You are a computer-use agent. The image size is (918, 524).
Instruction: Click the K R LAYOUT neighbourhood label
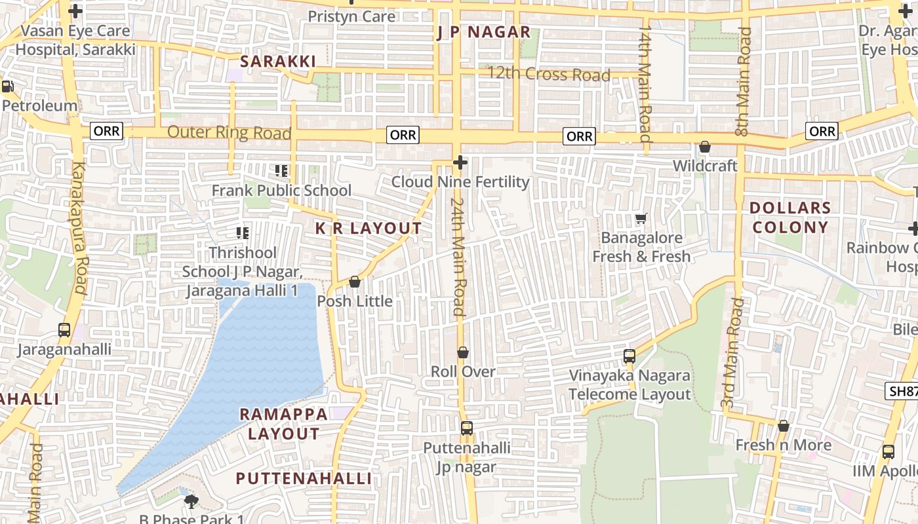click(x=369, y=229)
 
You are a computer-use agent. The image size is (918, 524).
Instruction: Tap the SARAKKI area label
click(x=277, y=62)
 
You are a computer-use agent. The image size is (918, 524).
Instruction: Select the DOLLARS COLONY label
click(x=790, y=217)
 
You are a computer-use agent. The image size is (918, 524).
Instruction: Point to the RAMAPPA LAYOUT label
click(x=283, y=424)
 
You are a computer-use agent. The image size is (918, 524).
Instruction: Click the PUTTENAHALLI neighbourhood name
click(x=304, y=479)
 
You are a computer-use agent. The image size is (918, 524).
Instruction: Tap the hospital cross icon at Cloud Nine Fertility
click(x=460, y=162)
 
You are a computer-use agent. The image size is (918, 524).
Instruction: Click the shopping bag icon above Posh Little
click(x=355, y=282)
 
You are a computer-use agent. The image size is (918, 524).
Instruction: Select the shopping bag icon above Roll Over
click(x=463, y=352)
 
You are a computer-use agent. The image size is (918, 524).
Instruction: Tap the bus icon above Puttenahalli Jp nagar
click(x=466, y=428)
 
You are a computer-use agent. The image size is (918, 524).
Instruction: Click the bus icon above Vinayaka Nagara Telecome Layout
click(x=629, y=356)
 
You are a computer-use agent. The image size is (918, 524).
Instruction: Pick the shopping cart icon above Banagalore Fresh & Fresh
click(x=641, y=218)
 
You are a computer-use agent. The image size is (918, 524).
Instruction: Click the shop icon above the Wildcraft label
click(x=705, y=147)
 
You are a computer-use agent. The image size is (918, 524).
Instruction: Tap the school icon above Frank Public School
click(x=281, y=171)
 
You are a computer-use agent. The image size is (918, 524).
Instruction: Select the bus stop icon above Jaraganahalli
click(x=64, y=329)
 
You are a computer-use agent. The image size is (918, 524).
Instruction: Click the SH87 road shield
click(x=902, y=392)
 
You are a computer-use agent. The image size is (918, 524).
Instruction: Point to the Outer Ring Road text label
click(x=229, y=132)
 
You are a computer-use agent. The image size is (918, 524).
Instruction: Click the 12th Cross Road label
click(x=548, y=75)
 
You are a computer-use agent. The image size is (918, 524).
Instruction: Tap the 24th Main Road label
click(x=458, y=257)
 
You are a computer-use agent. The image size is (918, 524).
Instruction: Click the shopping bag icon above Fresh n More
click(x=783, y=426)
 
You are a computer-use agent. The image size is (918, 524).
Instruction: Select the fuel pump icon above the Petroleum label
click(x=8, y=86)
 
